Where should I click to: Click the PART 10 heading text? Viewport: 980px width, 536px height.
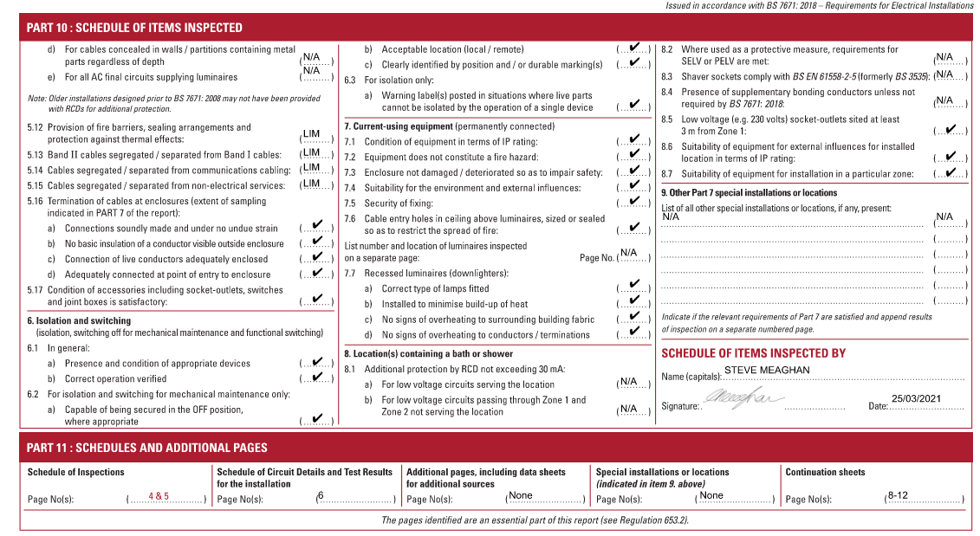[x=134, y=28]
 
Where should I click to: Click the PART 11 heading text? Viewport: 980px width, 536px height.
[x=146, y=448]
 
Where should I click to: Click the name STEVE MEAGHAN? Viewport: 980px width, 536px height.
[x=767, y=370]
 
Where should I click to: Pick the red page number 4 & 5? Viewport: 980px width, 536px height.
[x=159, y=496]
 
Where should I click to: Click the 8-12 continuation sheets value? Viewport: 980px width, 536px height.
[x=897, y=495]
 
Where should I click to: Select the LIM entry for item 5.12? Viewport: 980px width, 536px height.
[x=311, y=134]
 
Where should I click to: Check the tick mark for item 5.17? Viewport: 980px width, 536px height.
[x=317, y=299]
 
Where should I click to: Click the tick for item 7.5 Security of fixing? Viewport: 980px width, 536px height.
[x=634, y=201]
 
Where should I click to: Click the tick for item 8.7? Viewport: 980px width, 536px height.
[x=951, y=171]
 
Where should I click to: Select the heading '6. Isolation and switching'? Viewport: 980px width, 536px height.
[x=79, y=320]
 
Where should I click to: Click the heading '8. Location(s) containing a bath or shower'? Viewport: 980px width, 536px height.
[x=428, y=353]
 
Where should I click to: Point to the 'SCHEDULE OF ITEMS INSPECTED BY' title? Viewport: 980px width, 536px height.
[x=753, y=353]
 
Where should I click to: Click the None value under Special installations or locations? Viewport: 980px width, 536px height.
[x=711, y=495]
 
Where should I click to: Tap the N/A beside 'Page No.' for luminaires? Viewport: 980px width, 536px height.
[x=629, y=253]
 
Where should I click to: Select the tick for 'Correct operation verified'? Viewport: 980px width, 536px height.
[x=317, y=377]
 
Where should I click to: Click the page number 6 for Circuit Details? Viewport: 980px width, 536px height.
[x=320, y=495]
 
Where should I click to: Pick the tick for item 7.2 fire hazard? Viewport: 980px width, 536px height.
[x=634, y=156]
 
